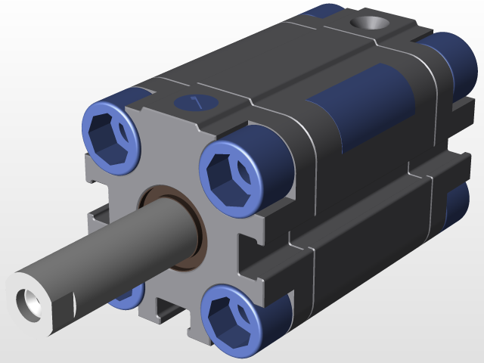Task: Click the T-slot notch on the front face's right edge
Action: (x=253, y=253)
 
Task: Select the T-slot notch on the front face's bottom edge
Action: (x=170, y=310)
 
